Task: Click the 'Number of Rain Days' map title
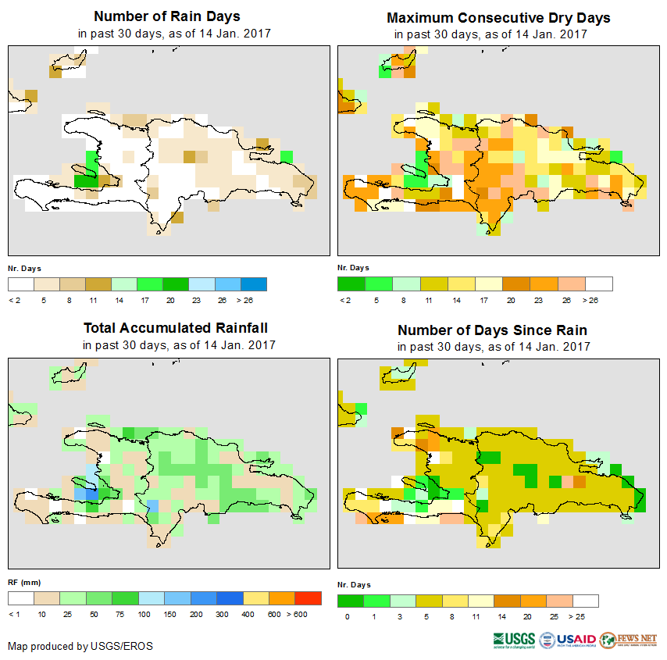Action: pos(166,16)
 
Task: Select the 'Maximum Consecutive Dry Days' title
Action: pos(498,17)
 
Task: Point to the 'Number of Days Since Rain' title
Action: pos(492,330)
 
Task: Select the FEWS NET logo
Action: pos(629,639)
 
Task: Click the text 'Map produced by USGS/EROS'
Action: pos(80,646)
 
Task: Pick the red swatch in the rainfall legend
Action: pos(309,598)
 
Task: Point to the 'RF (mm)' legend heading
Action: pos(24,583)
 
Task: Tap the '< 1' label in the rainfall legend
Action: pos(15,615)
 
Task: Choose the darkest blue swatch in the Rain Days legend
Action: pos(254,284)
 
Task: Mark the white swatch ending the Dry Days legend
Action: pos(599,284)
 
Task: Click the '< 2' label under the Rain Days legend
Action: pos(15,299)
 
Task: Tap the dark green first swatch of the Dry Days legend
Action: pos(351,284)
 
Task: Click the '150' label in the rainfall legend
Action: pos(169,615)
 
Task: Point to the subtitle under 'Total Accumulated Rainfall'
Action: pos(179,345)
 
